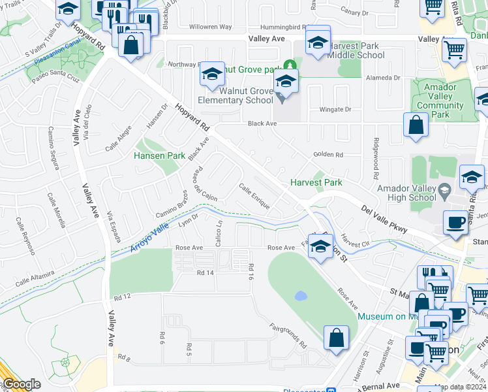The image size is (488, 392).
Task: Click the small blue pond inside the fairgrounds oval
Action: (301, 296)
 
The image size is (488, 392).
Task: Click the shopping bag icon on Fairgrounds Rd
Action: (336, 338)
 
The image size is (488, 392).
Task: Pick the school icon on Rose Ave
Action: (320, 247)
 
